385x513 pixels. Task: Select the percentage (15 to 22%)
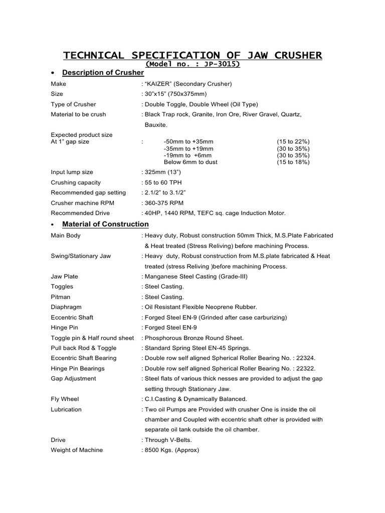click(293, 142)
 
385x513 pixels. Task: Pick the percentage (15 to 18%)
click(293, 162)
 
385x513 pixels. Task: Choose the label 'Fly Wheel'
click(65, 399)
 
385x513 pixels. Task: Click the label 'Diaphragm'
click(66, 307)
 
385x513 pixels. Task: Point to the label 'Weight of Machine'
click(77, 450)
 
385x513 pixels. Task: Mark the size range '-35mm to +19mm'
click(188, 149)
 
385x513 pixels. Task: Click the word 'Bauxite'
click(156, 124)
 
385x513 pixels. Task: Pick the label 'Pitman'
click(62, 297)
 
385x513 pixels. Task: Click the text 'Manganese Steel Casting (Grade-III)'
click(196, 277)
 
